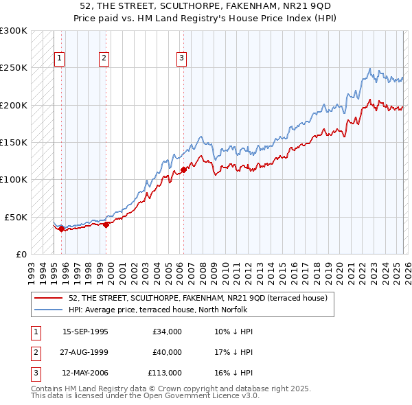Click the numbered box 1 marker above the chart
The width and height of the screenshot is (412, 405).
[x=60, y=59]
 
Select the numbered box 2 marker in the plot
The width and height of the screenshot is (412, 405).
[x=104, y=59]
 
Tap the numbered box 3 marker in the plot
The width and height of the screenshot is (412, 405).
[x=181, y=59]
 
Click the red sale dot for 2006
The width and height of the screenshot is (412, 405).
[x=183, y=170]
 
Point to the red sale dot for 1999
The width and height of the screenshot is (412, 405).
[x=106, y=224]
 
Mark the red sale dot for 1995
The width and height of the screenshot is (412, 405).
[x=62, y=229]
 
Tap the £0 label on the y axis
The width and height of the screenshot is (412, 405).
[x=21, y=254]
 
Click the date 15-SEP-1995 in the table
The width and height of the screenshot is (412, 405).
[x=85, y=332]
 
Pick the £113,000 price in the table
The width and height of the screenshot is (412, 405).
[x=164, y=373]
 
